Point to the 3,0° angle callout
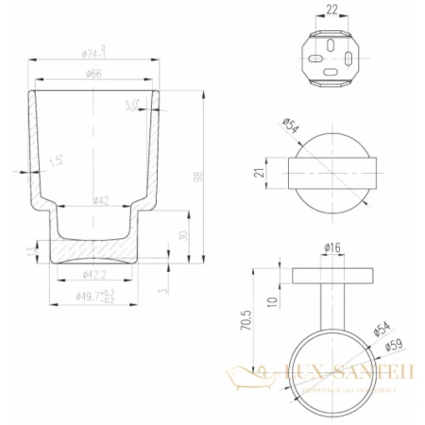(132, 105)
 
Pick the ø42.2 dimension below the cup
(93, 275)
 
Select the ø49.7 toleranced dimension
(95, 298)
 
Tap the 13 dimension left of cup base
(29, 250)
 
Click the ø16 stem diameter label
(331, 247)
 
